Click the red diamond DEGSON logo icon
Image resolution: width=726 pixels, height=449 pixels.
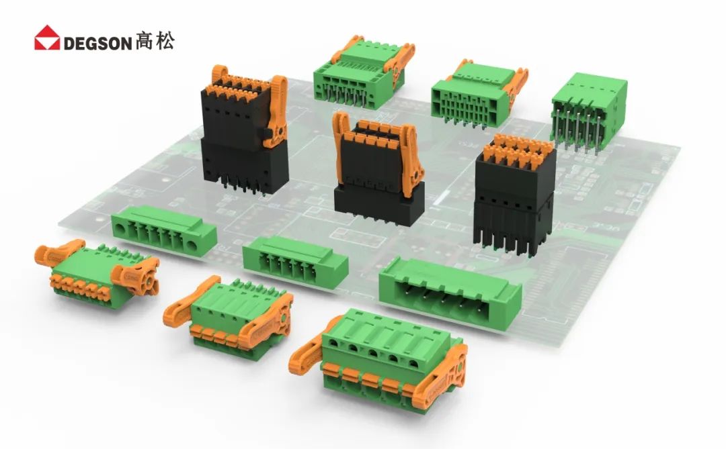point(47,38)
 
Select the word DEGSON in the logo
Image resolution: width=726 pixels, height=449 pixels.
point(98,44)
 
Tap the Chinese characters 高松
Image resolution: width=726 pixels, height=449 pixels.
point(155,41)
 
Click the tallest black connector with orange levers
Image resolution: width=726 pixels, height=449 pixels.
point(244,132)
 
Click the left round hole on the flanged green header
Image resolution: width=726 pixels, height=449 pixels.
point(120,228)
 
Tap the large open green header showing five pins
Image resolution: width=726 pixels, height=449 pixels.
point(450,293)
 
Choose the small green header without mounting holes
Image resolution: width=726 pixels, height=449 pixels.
point(295,262)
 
